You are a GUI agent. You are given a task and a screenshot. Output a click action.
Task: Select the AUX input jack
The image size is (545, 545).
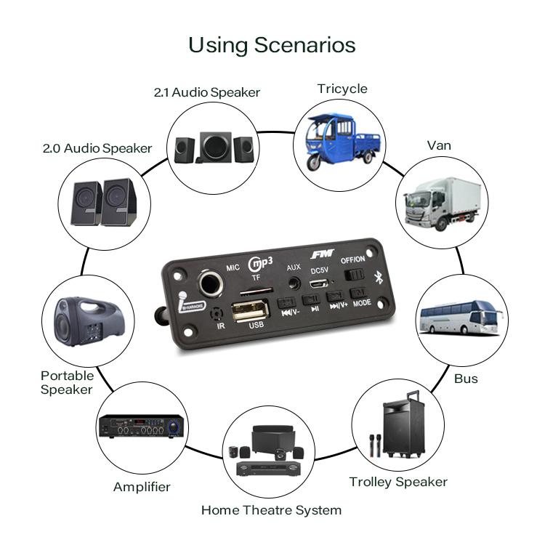[x=294, y=283]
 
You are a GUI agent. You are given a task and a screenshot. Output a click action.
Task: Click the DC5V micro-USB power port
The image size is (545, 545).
[x=318, y=285]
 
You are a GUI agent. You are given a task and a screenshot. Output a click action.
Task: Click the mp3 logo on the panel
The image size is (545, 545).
[x=259, y=265]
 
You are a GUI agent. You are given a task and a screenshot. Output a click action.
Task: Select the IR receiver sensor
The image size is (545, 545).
[x=216, y=315]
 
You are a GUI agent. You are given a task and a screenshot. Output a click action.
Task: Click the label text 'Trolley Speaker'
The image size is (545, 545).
[x=397, y=482]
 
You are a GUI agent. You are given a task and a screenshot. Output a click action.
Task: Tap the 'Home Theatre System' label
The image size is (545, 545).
[x=271, y=509]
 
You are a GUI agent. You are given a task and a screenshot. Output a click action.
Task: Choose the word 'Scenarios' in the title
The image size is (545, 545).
[x=304, y=45]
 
